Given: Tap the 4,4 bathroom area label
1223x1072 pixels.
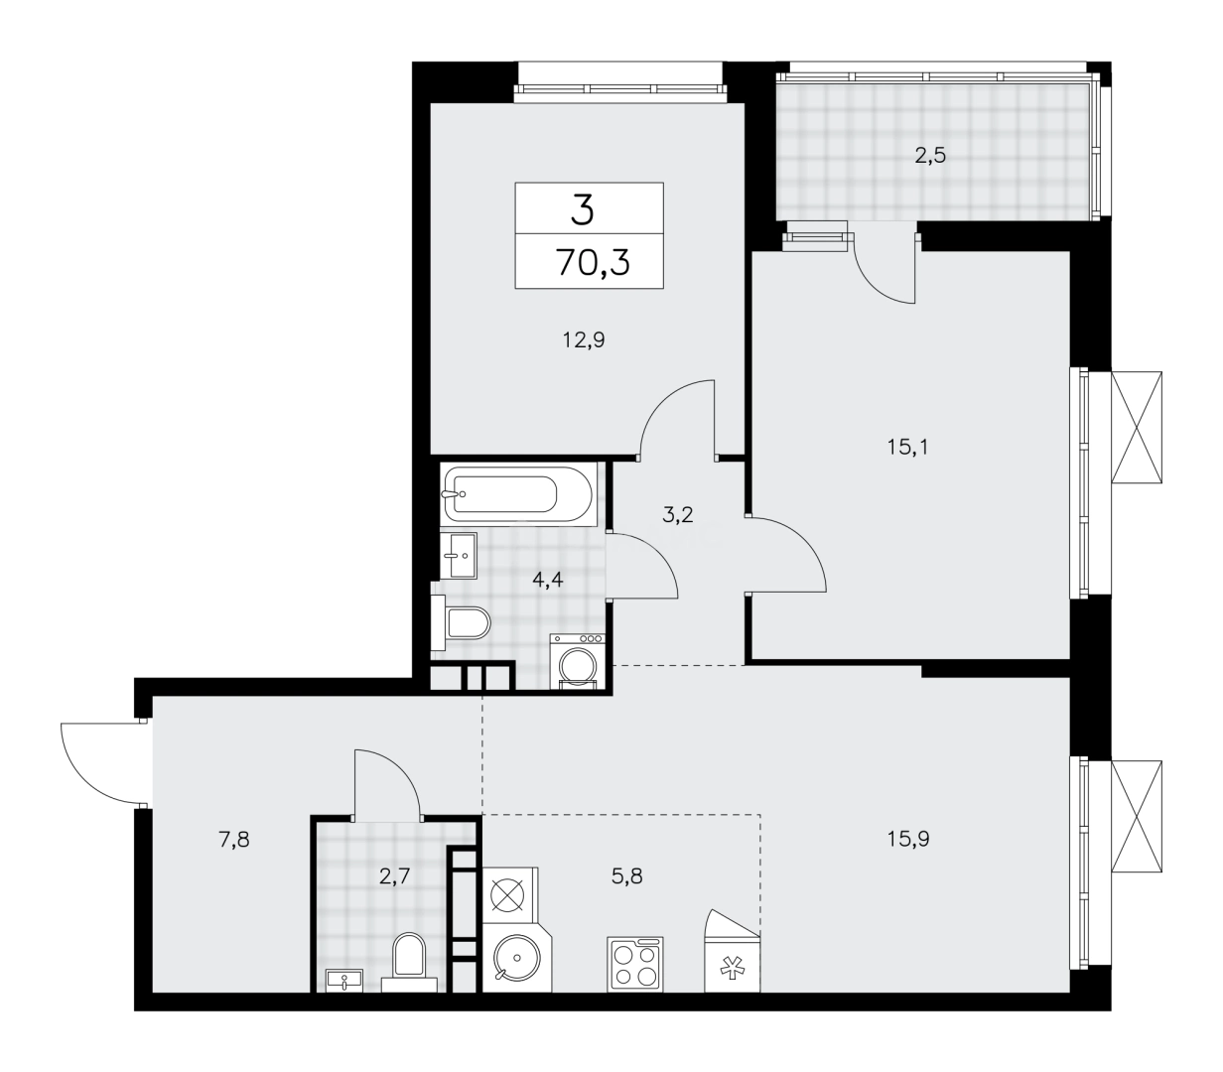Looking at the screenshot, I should point(548,580).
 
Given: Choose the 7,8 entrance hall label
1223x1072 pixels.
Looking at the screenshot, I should point(233,839).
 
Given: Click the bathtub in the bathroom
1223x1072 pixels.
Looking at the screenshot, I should point(517,494).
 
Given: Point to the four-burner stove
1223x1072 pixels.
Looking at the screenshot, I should point(634,963).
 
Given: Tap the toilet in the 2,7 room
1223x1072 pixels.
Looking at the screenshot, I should point(408,959).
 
